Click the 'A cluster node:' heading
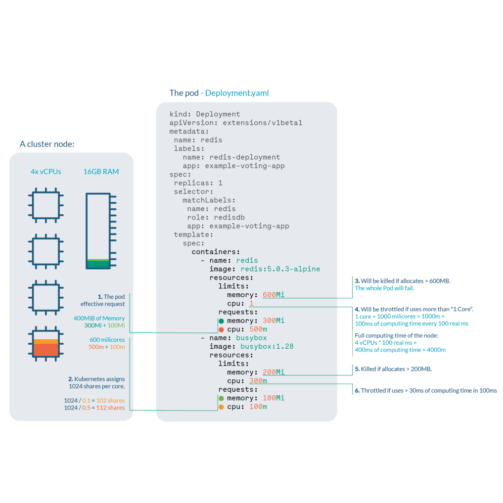point(46,144)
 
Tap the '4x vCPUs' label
point(46,172)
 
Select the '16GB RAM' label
point(101,172)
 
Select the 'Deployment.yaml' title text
point(237,93)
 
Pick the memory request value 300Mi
point(274,320)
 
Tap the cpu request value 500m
point(258,329)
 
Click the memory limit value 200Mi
point(274,372)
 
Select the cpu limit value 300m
point(258,381)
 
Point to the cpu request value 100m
point(258,407)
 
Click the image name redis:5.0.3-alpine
point(280,269)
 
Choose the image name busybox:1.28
point(267,346)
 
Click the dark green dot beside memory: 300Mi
point(221,321)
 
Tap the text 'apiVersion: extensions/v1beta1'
point(235,123)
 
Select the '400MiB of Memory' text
point(99,318)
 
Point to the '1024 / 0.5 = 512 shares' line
point(94,408)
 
